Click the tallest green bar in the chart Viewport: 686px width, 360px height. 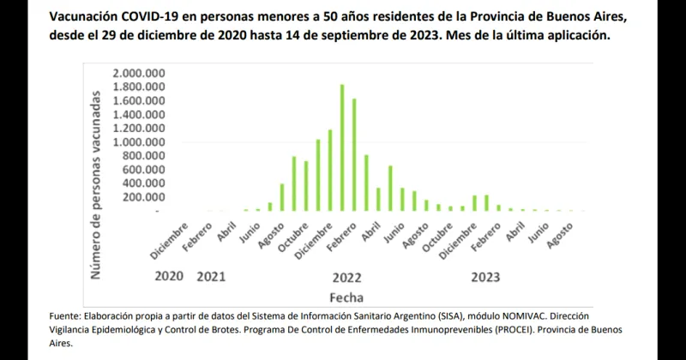[342, 147]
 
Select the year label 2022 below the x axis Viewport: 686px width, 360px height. [346, 278]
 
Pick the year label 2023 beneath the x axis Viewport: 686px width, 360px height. [485, 278]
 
